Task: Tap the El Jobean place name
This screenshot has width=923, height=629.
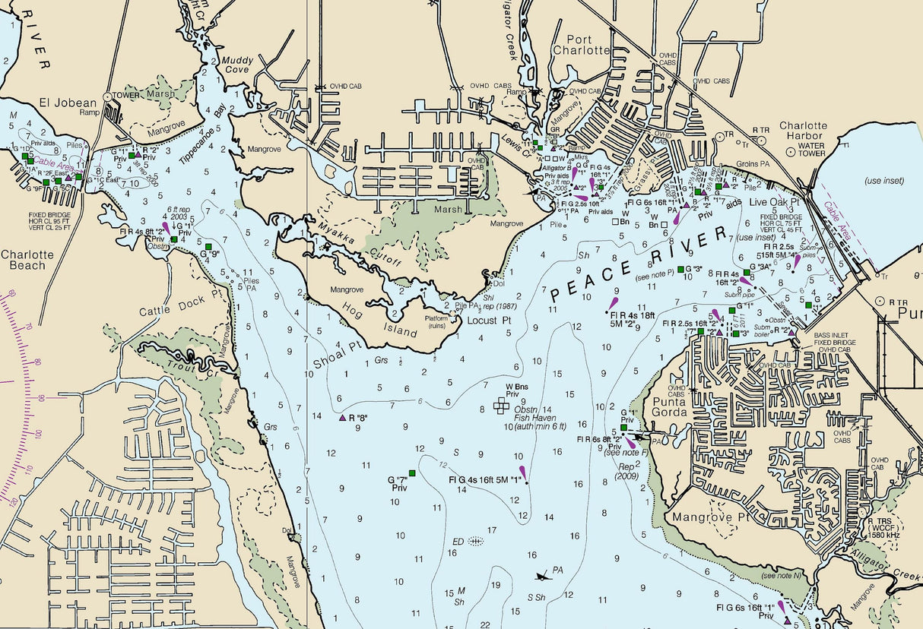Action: point(68,103)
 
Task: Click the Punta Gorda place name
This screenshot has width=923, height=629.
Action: point(668,407)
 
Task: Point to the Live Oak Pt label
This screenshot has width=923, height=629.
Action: point(776,201)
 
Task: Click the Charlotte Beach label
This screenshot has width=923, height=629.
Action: point(27,261)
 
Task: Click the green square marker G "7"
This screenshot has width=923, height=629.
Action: point(412,473)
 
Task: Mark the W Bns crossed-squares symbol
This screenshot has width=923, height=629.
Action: point(500,406)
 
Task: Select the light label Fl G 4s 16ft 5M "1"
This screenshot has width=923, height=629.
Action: point(485,480)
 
